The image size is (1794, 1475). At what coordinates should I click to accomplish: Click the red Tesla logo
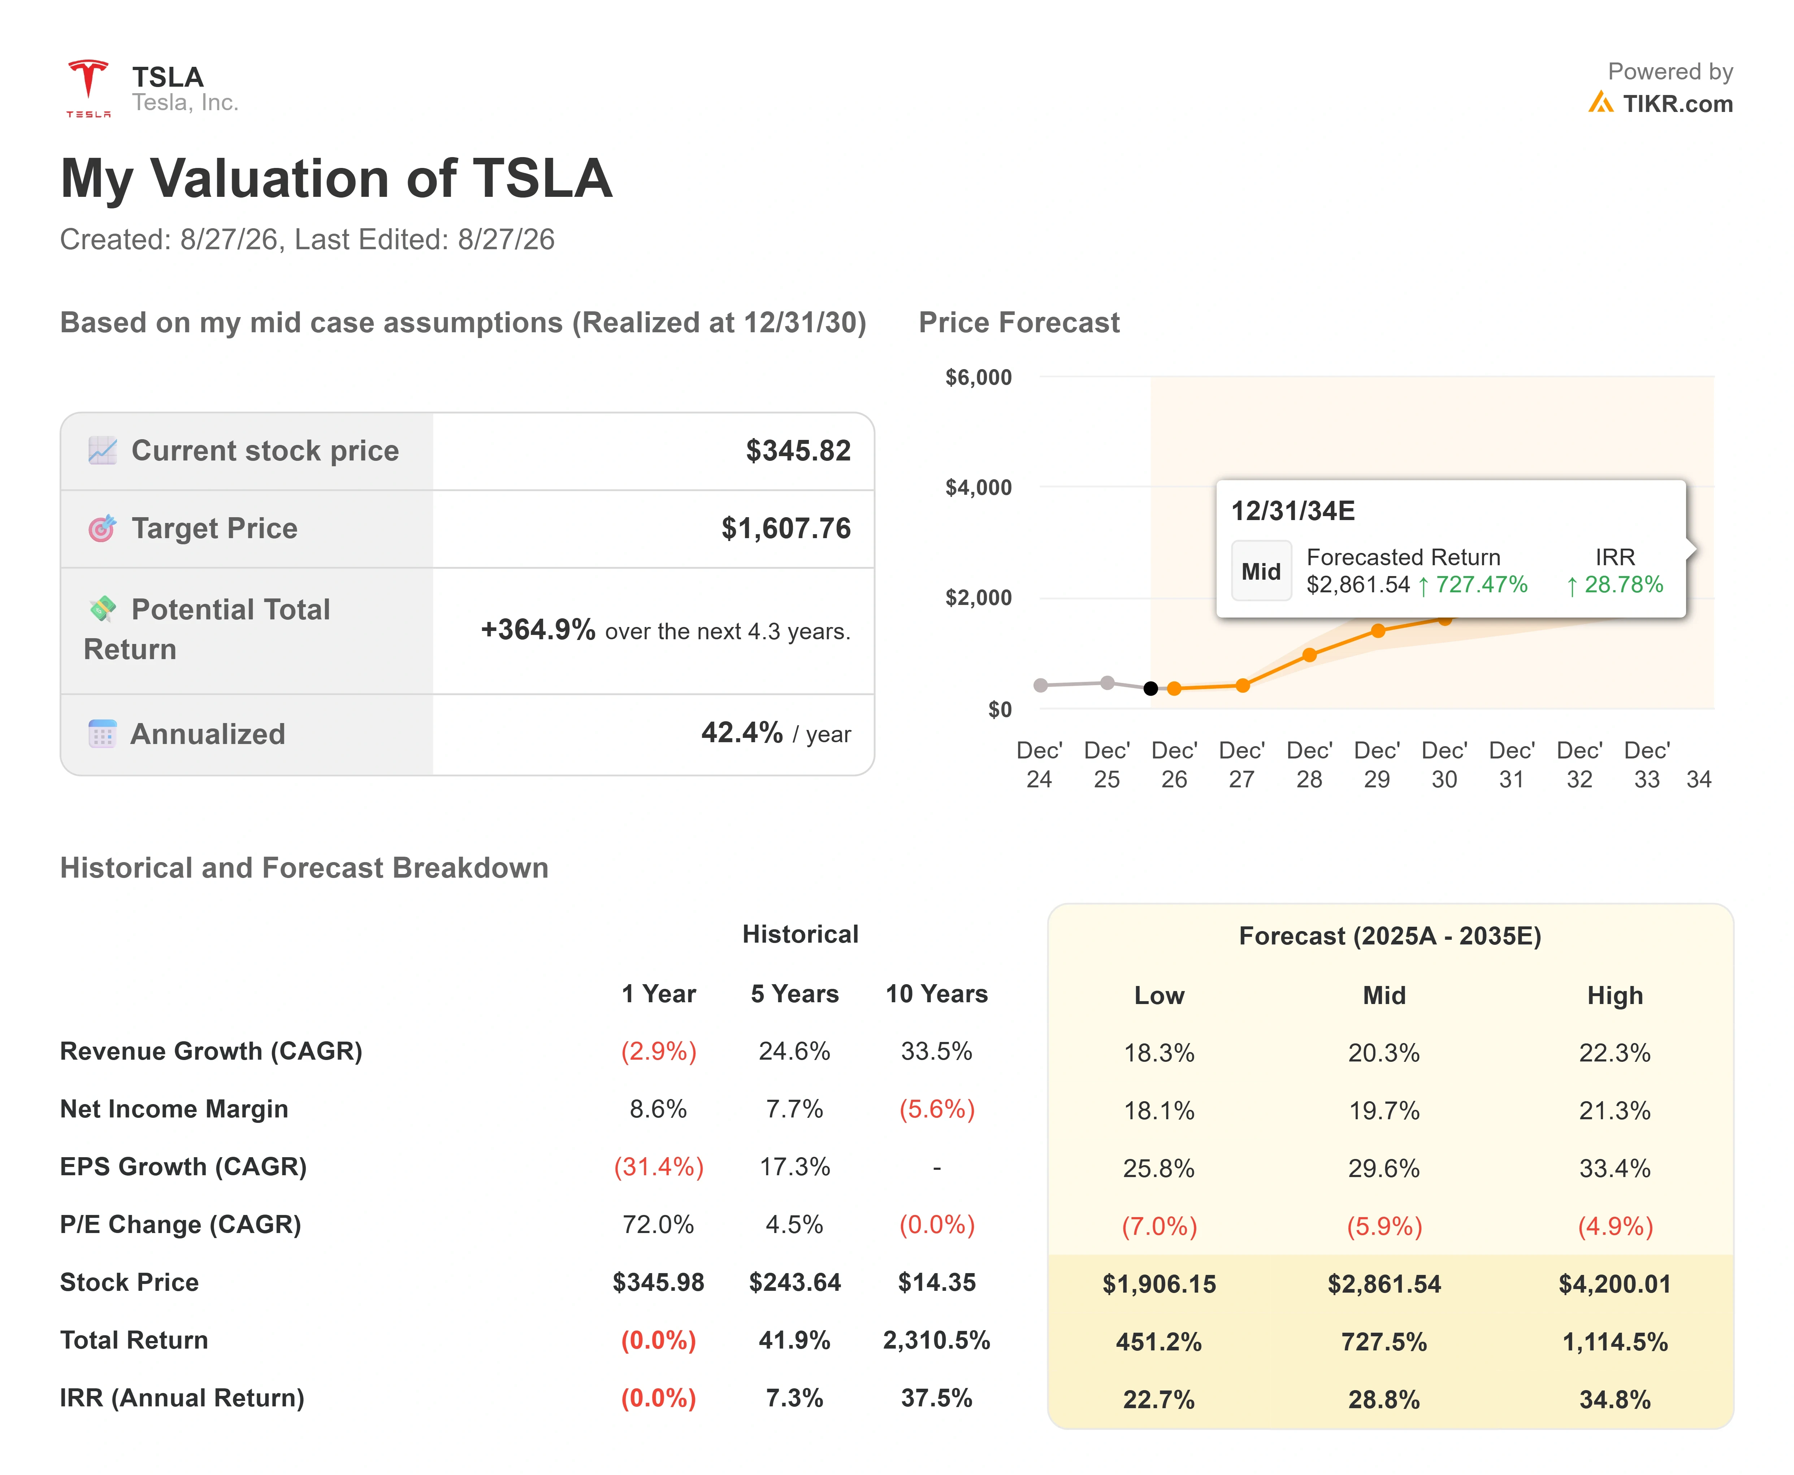(88, 87)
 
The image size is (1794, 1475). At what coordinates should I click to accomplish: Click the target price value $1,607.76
(786, 528)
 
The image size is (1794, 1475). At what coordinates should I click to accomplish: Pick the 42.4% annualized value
(742, 732)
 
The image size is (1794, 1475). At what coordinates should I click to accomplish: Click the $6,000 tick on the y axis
(979, 377)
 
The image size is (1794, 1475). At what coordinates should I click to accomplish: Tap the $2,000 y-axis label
(979, 597)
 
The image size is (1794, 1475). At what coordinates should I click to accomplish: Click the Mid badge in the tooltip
(1261, 571)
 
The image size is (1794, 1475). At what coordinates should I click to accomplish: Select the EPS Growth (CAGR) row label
(183, 1167)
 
